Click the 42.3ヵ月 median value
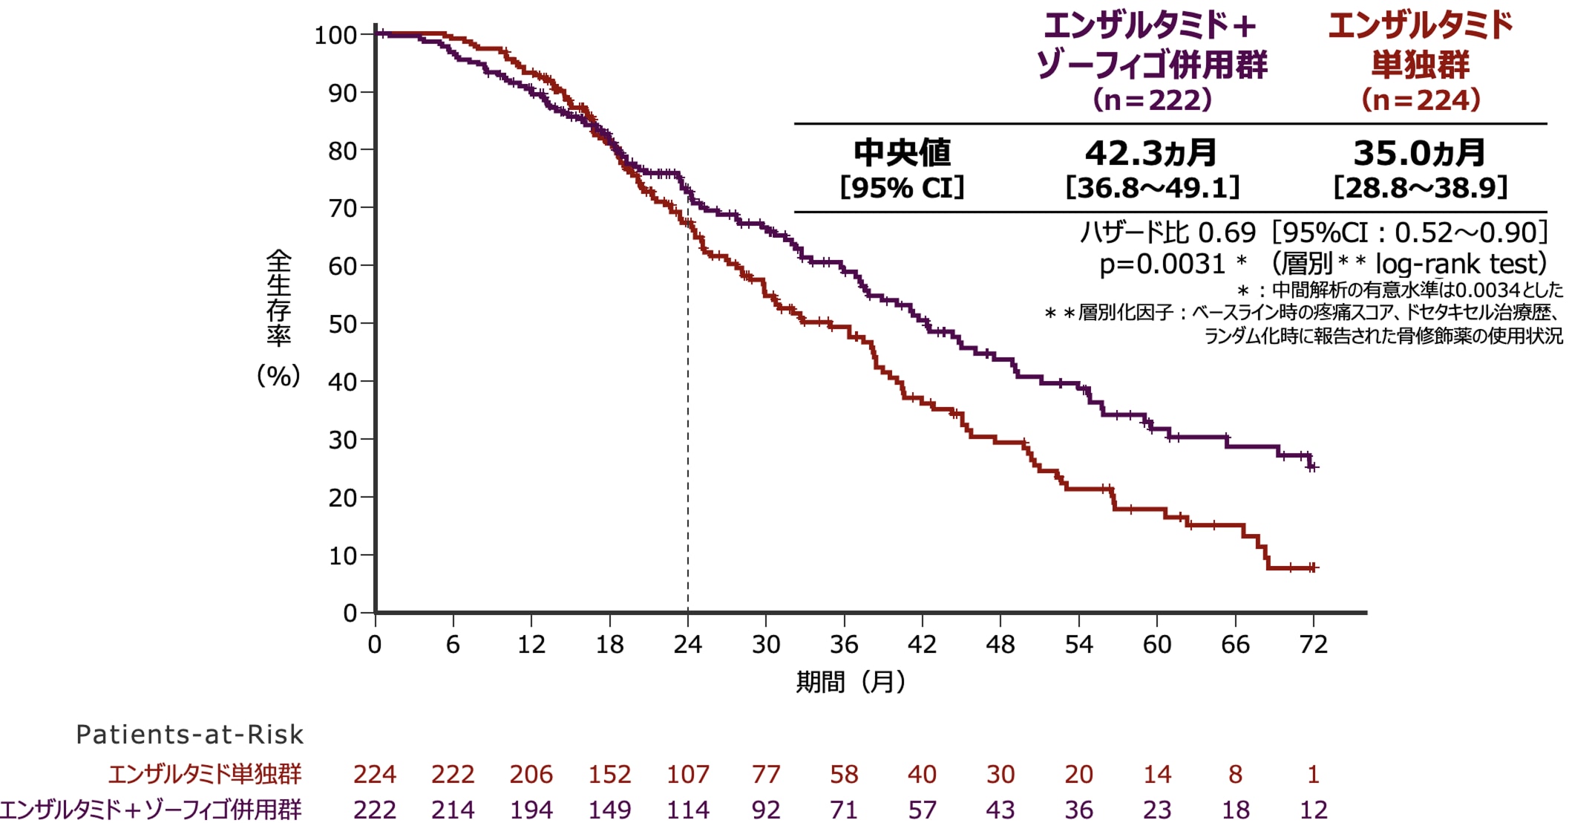[x=1150, y=153]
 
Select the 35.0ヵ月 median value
[x=1419, y=153]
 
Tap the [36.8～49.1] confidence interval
[x=1153, y=188]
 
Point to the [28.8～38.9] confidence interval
[x=1421, y=188]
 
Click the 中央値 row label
[x=902, y=153]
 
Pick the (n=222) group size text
[x=1152, y=100]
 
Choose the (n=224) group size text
[x=1421, y=100]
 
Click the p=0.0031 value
[x=1162, y=264]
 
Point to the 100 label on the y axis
[x=336, y=35]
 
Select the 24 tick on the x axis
[x=688, y=644]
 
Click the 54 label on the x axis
[x=1078, y=644]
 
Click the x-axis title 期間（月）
[x=851, y=681]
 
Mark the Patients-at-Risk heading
[x=189, y=735]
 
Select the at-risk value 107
[x=688, y=775]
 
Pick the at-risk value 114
[x=688, y=810]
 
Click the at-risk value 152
[x=609, y=775]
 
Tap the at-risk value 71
[x=844, y=810]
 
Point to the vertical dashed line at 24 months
[x=688, y=416]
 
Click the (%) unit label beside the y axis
[x=278, y=376]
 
